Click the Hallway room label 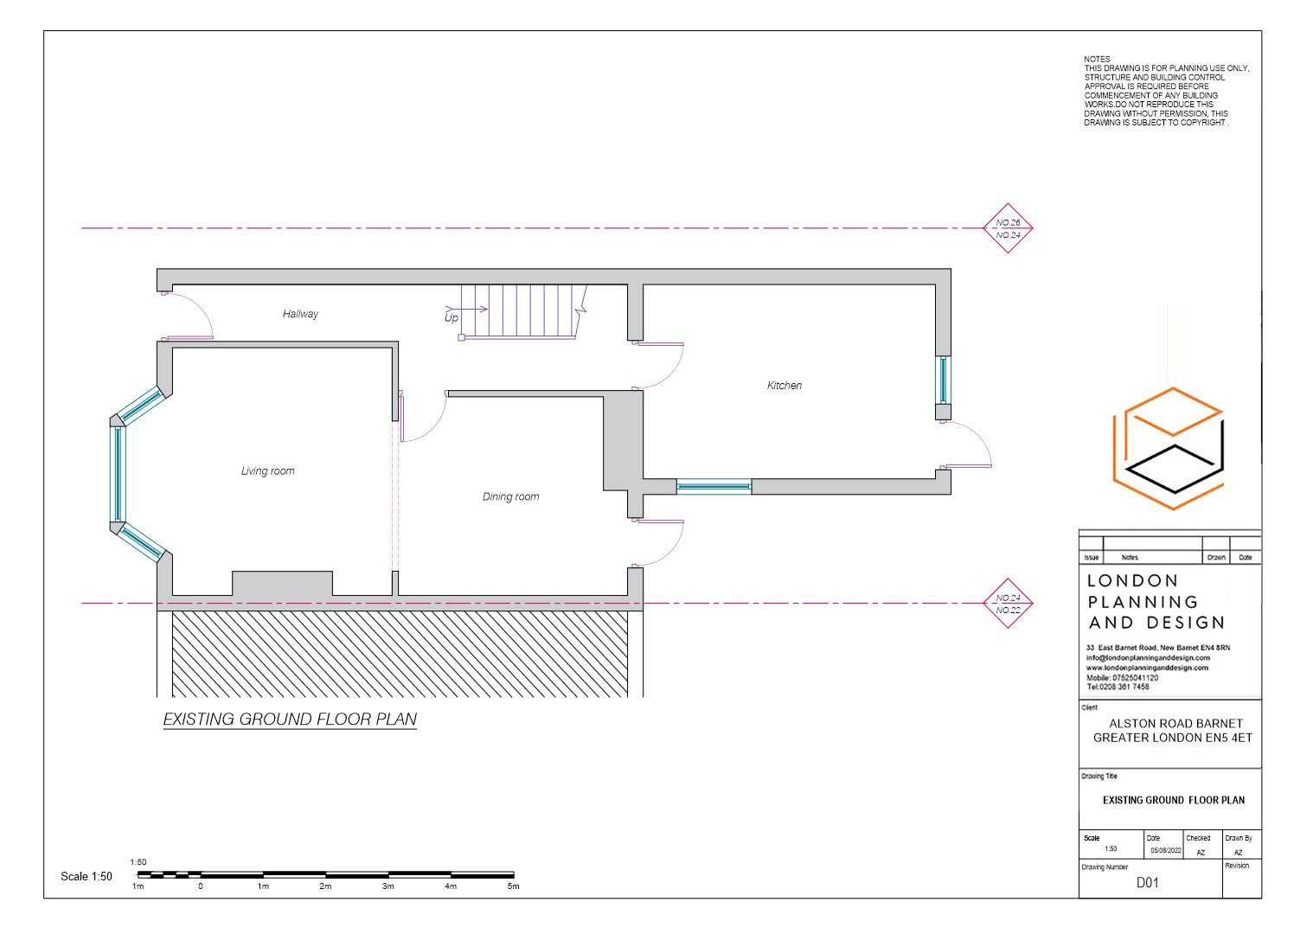click(300, 314)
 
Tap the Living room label click(267, 471)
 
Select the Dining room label click(510, 496)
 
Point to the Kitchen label click(784, 386)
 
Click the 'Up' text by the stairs click(452, 318)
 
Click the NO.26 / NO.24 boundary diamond click(1008, 228)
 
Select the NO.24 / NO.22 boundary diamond click(1008, 604)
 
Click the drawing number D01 click(1147, 883)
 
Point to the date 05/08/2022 click(1165, 851)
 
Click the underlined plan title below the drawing click(290, 720)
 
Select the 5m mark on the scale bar click(513, 886)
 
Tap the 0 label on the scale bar click(201, 886)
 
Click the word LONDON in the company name click(1132, 581)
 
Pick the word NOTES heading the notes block click(1097, 60)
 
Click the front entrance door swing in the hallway click(190, 317)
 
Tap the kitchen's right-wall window click(943, 380)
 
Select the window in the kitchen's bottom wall click(714, 487)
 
